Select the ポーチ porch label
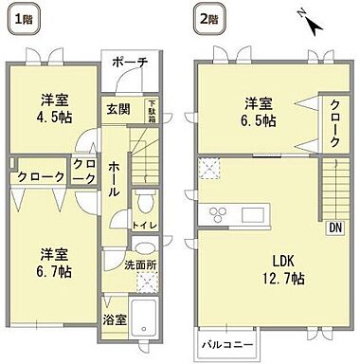coord(130,63)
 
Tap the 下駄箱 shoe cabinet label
coord(151,112)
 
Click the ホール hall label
coord(114,178)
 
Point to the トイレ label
coord(145,226)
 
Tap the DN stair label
coord(334,227)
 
